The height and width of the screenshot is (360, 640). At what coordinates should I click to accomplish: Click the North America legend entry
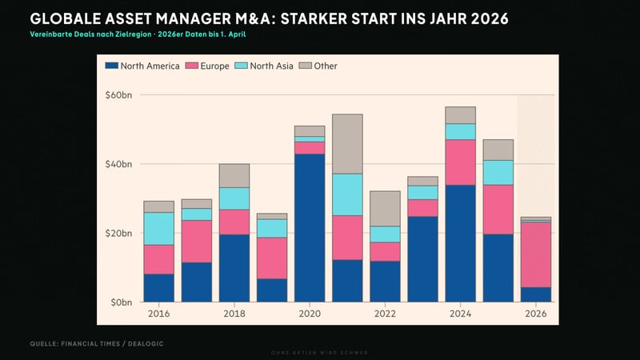141,66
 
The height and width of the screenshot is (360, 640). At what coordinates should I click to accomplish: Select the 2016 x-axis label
158,314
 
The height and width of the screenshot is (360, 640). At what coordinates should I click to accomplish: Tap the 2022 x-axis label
385,314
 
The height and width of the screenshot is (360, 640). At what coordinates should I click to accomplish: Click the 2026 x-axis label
536,314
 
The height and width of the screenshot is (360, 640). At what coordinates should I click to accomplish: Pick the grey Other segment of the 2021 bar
347,144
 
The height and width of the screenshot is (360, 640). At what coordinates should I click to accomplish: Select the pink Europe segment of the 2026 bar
536,254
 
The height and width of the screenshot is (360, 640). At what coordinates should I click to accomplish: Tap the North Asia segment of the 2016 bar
158,228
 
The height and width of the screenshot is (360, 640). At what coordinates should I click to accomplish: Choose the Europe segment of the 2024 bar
460,162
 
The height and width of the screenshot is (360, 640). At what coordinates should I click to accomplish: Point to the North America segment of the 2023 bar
422,259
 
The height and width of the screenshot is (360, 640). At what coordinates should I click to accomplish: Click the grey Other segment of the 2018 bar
234,175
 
